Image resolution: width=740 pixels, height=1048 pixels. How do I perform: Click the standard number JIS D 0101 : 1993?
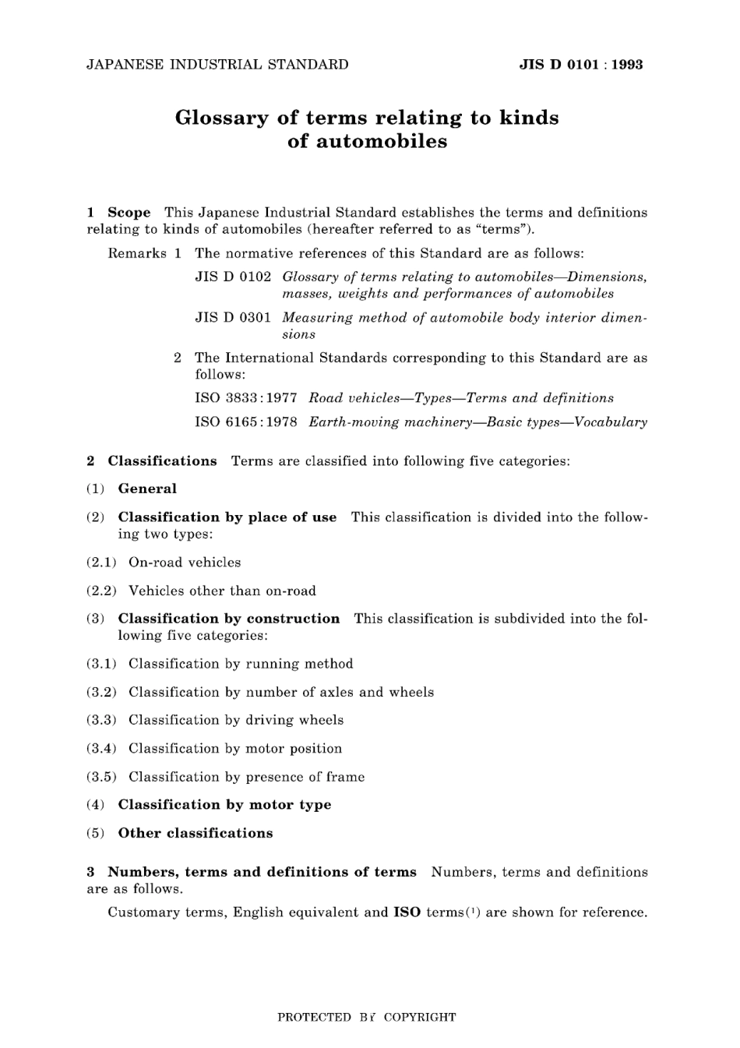pyautogui.click(x=580, y=65)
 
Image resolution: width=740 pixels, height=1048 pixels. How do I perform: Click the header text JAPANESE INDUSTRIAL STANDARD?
pyautogui.click(x=217, y=65)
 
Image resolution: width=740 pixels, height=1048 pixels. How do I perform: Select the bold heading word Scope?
pyautogui.click(x=129, y=212)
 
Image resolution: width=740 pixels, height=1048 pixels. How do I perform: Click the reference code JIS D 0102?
pyautogui.click(x=233, y=277)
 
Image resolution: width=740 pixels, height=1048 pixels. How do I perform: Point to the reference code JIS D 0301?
pyautogui.click(x=233, y=317)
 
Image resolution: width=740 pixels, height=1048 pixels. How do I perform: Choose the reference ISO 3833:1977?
pyautogui.click(x=246, y=398)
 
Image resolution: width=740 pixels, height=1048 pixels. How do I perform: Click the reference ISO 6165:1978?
pyautogui.click(x=246, y=422)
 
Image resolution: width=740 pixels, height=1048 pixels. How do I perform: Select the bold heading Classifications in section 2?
pyautogui.click(x=162, y=460)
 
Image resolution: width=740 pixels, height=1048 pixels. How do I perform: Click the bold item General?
pyautogui.click(x=147, y=489)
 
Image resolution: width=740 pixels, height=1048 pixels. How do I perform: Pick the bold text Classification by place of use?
pyautogui.click(x=227, y=517)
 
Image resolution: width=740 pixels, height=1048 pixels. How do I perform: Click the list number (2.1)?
pyautogui.click(x=101, y=563)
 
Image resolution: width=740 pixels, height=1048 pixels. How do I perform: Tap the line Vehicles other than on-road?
pyautogui.click(x=222, y=591)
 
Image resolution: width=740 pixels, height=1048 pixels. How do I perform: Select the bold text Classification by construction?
pyautogui.click(x=229, y=619)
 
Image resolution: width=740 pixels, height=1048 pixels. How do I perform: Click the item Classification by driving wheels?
pyautogui.click(x=236, y=720)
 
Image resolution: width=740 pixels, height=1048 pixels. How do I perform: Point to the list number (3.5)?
pyautogui.click(x=101, y=777)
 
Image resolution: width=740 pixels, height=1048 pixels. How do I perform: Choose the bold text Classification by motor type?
pyautogui.click(x=224, y=805)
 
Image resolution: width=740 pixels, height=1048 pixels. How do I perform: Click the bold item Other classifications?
pyautogui.click(x=196, y=833)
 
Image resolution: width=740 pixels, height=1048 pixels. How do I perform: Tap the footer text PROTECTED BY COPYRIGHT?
pyautogui.click(x=367, y=1017)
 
